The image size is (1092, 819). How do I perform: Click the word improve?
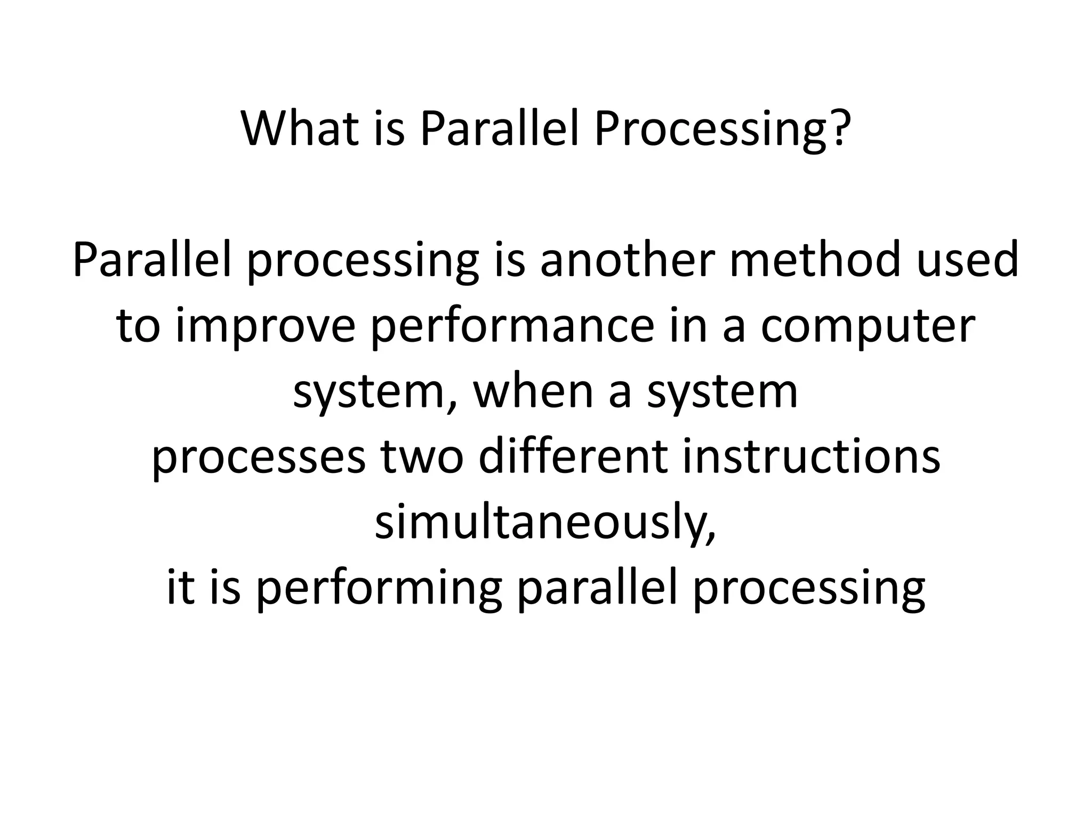[265, 326]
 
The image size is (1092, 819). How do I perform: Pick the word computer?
[868, 326]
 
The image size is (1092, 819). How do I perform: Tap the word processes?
[259, 457]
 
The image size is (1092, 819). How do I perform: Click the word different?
[573, 457]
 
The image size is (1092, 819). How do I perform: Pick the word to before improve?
[138, 326]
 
